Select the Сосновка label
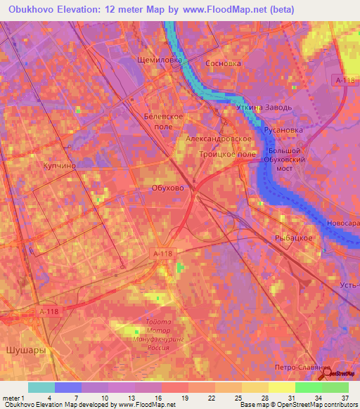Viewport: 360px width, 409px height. tap(223, 63)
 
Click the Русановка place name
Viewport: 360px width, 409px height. tap(283, 130)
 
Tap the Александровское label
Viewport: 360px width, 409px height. tap(219, 140)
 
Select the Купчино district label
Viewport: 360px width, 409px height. tap(39, 165)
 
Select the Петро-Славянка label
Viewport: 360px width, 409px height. tap(302, 368)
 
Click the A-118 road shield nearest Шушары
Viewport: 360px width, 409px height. tap(49, 312)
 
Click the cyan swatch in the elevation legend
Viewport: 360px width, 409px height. tap(41, 387)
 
